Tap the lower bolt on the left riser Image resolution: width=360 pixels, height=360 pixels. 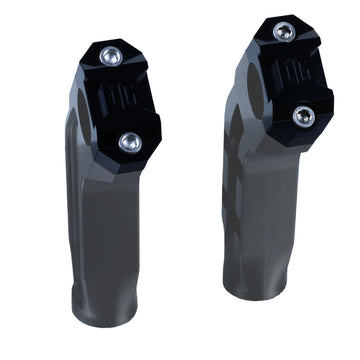127,142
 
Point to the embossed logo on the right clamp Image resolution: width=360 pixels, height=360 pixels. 290,75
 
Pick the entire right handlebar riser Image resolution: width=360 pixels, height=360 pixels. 272,170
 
